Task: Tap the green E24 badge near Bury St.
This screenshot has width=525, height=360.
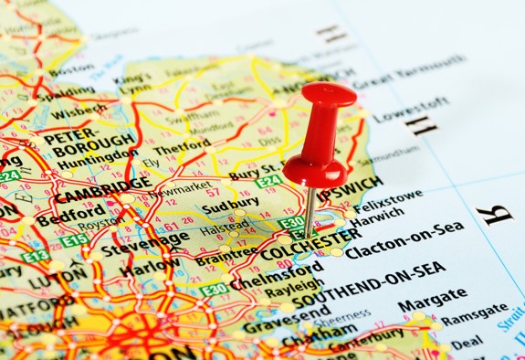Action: click(268, 182)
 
